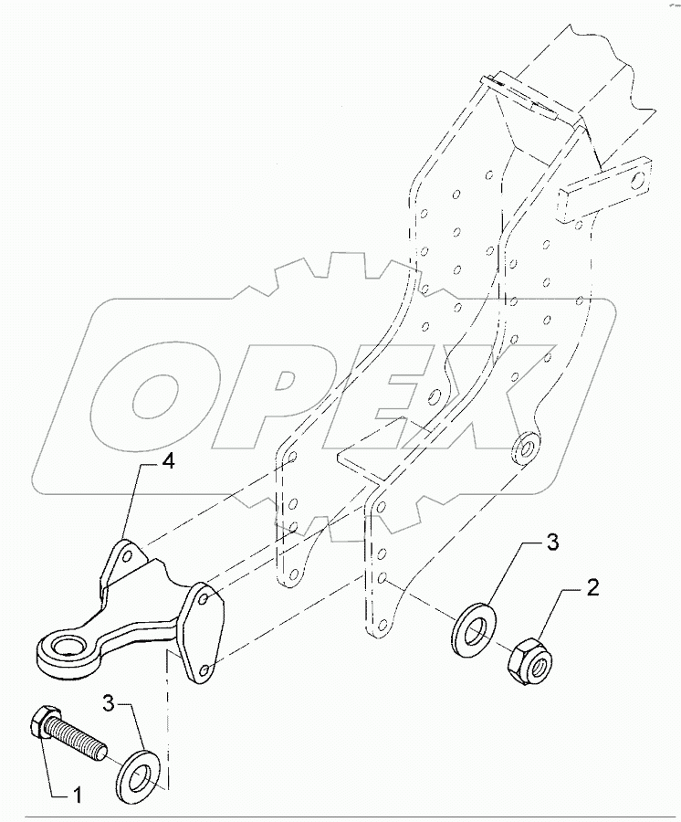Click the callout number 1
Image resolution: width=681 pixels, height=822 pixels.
coord(77,796)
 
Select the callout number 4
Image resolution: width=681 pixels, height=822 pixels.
coord(167,461)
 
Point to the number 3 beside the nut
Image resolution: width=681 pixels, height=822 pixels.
coord(553,546)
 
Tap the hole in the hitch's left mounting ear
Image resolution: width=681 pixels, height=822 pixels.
coord(130,554)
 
